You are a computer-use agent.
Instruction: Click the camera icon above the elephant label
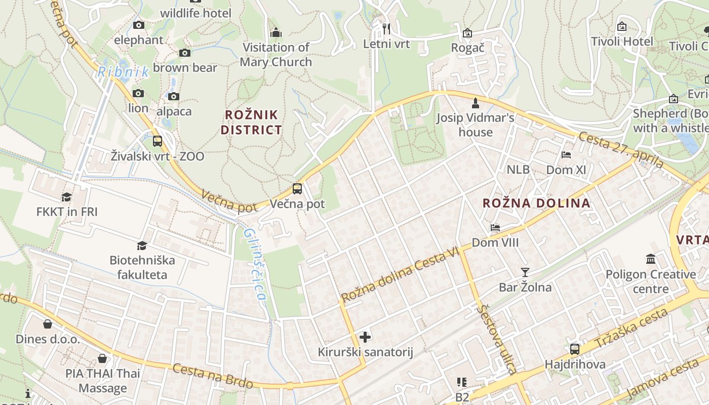[138, 25]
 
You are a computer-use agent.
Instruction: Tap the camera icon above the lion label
[138, 93]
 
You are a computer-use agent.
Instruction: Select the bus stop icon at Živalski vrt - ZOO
[157, 141]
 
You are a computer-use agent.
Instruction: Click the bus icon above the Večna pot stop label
[297, 189]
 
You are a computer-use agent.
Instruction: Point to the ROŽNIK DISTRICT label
[251, 122]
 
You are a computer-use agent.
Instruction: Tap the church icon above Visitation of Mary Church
[276, 32]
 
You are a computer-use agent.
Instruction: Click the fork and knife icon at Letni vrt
[386, 29]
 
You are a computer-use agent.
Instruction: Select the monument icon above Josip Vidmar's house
[475, 103]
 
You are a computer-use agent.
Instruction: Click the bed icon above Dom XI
[566, 154]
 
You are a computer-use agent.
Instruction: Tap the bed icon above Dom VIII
[495, 227]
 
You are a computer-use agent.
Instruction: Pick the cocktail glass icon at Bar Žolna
[525, 272]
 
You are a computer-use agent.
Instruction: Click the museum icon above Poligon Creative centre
[651, 259]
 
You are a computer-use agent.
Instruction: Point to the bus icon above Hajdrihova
[575, 349]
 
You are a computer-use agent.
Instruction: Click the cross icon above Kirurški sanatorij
[365, 337]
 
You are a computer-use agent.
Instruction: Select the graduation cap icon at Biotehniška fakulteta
[142, 246]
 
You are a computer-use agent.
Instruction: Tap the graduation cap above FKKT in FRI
[66, 197]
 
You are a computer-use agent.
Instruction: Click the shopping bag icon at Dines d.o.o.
[48, 323]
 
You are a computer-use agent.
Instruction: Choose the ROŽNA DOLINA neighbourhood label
[536, 204]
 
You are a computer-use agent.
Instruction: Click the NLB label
[518, 170]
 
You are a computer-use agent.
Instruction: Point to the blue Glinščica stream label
[255, 263]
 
